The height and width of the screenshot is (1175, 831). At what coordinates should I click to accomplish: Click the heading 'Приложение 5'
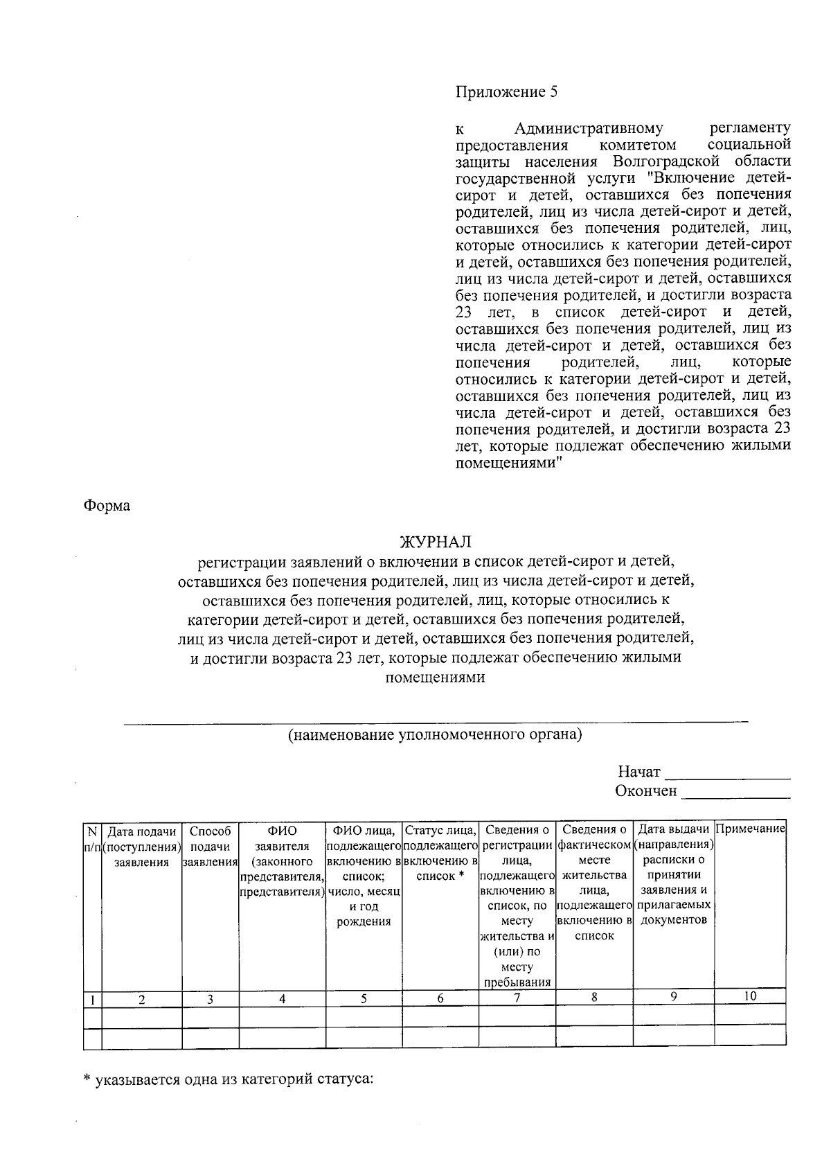click(506, 92)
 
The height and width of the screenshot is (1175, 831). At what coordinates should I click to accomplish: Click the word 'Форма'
click(107, 506)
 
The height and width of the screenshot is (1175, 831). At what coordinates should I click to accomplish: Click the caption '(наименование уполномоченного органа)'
click(435, 734)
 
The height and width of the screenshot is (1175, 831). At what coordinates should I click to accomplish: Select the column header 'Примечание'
click(750, 829)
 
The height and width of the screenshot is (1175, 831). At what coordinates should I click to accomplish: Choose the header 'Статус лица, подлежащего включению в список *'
click(440, 853)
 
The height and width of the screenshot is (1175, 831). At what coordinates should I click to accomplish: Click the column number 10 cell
click(750, 996)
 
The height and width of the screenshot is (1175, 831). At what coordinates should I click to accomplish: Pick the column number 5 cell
click(364, 998)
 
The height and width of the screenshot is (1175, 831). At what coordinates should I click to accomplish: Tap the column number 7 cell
click(517, 998)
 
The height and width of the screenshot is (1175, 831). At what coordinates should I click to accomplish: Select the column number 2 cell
click(142, 999)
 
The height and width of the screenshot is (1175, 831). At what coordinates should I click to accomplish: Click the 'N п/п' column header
click(92, 838)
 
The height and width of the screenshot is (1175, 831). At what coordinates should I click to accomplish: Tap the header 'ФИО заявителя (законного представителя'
click(282, 860)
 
